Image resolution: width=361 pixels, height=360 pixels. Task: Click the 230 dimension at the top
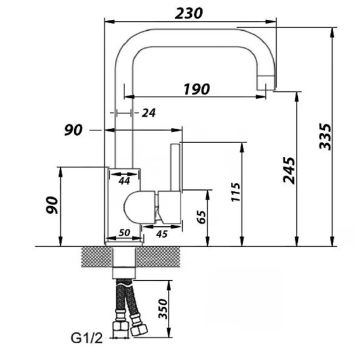188,13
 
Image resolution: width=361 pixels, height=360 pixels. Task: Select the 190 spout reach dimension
197,90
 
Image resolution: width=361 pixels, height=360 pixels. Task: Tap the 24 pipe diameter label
149,113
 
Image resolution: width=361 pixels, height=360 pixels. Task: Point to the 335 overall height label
326,136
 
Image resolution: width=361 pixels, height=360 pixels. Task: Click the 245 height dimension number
289,170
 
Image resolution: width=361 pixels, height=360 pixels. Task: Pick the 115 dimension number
235,192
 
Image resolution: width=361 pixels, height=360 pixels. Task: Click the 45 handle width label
162,234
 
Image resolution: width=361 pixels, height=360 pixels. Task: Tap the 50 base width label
125,233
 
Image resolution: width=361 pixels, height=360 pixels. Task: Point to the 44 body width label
125,181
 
